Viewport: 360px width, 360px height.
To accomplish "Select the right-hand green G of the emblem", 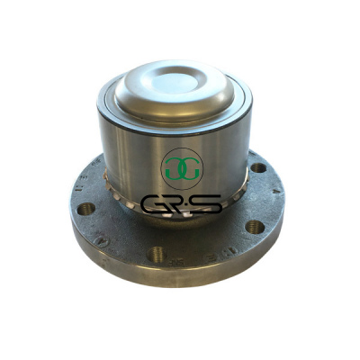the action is [x=192, y=169].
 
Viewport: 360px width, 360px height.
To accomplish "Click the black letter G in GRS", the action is [x=155, y=204].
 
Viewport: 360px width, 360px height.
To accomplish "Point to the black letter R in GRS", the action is [x=182, y=204].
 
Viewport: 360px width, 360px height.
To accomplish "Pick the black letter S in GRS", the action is [x=209, y=204].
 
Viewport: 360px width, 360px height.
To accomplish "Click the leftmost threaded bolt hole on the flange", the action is [x=86, y=209].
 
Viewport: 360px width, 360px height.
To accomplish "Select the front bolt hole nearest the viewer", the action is [x=157, y=254].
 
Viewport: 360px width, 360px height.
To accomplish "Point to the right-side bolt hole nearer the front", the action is [x=255, y=227].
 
